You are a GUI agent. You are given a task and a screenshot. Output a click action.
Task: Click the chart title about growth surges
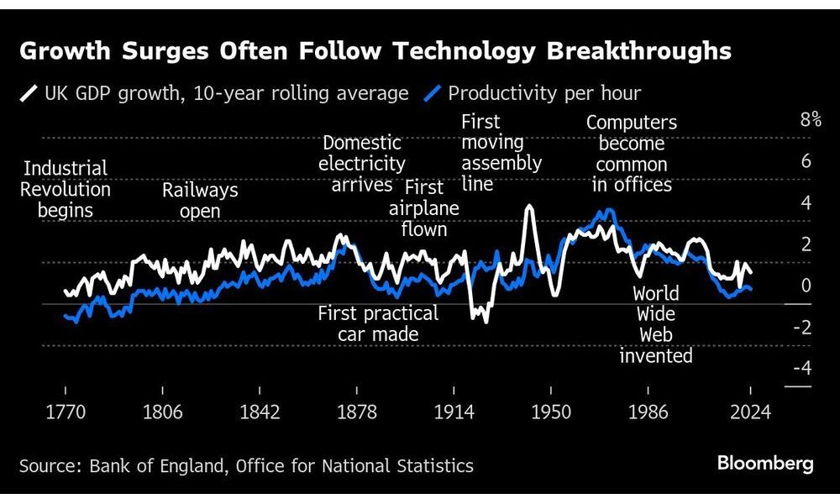375,52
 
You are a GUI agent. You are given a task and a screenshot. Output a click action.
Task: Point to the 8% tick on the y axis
810,119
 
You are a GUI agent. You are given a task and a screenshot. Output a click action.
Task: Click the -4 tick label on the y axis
801,368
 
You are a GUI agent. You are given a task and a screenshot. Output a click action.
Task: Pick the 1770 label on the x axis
66,412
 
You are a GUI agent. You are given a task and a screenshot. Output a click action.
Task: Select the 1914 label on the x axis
453,412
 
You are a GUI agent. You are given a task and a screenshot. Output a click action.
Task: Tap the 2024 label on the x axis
750,412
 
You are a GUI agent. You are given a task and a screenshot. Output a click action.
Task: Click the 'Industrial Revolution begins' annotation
66,189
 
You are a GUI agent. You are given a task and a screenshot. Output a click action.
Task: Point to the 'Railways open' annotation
200,200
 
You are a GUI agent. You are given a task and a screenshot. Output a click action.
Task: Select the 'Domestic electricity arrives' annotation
362,164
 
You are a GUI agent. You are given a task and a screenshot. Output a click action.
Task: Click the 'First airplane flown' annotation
424,207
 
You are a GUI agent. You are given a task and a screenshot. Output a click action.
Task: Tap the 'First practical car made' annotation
378,323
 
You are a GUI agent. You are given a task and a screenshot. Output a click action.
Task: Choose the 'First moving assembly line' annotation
501,153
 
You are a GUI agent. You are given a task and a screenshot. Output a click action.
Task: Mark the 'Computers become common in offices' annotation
632,154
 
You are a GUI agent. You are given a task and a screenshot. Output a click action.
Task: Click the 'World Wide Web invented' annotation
656,325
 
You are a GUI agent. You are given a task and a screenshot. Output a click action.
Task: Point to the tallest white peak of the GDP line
529,207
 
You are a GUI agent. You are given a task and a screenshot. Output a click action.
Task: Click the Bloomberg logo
764,464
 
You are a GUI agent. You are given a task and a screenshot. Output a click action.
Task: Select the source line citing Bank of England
246,465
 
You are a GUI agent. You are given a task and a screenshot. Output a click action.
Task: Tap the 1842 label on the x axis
260,412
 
